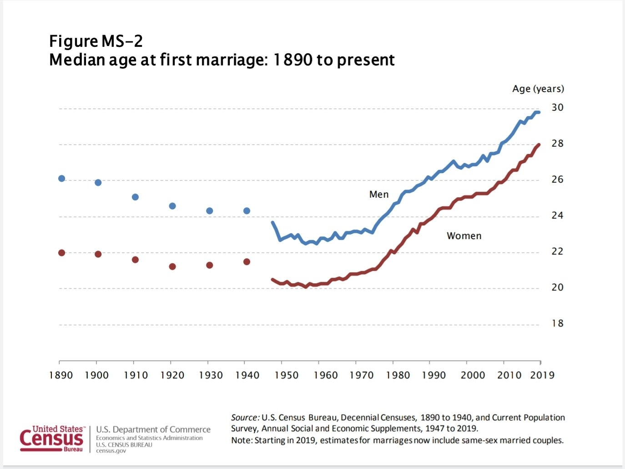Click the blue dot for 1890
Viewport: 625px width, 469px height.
coord(62,178)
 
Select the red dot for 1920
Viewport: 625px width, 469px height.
coord(172,266)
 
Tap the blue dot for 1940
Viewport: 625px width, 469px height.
coord(247,211)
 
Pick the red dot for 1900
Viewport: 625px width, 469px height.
coord(98,254)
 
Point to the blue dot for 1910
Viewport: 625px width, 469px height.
coord(135,197)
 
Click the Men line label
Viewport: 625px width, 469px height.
coord(379,194)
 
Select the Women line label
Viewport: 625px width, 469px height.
coord(464,236)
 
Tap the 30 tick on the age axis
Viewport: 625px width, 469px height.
coord(557,108)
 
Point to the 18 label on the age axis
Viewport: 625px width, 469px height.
coord(557,324)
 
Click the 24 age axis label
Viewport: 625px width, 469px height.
coord(557,215)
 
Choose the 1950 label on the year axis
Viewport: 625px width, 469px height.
coord(287,375)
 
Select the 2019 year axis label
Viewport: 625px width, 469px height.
coord(542,375)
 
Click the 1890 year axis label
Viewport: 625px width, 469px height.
coord(61,375)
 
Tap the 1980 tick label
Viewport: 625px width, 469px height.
coord(398,375)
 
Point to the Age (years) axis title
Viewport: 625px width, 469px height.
coord(538,89)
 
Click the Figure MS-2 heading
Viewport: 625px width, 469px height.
coord(96,41)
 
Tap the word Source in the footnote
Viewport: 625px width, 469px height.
coord(245,418)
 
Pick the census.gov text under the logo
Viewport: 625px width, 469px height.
coord(111,451)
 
